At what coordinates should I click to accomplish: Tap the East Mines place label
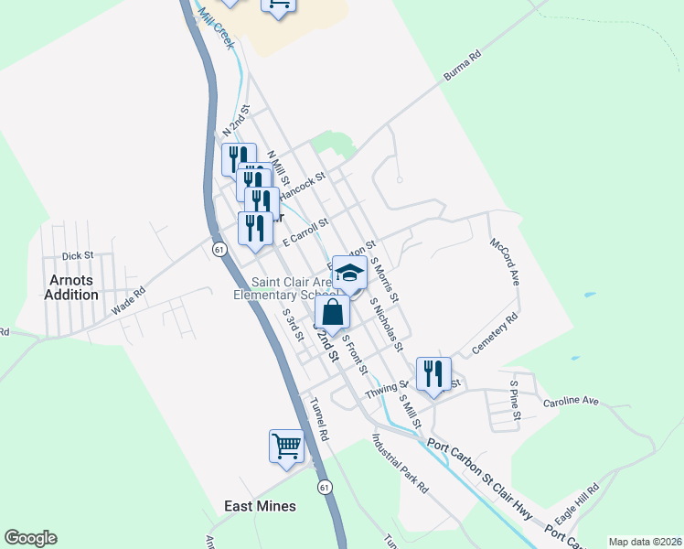(x=261, y=506)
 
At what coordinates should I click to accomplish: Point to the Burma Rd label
(x=463, y=69)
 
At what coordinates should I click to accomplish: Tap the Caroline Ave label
(x=571, y=402)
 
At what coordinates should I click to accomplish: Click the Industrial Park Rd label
(x=401, y=463)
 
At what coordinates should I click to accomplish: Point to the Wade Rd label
(x=129, y=304)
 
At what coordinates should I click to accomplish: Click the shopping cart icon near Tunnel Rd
(x=286, y=447)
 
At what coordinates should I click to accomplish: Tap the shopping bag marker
(x=333, y=313)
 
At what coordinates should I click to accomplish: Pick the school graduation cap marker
(x=349, y=273)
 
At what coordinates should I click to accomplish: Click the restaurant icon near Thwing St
(x=433, y=374)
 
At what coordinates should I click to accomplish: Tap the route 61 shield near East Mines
(x=326, y=488)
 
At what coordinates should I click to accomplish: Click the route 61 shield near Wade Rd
(x=218, y=248)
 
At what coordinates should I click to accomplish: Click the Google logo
(x=30, y=538)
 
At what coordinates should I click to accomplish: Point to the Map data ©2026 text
(x=645, y=542)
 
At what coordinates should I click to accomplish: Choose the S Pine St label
(x=516, y=401)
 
